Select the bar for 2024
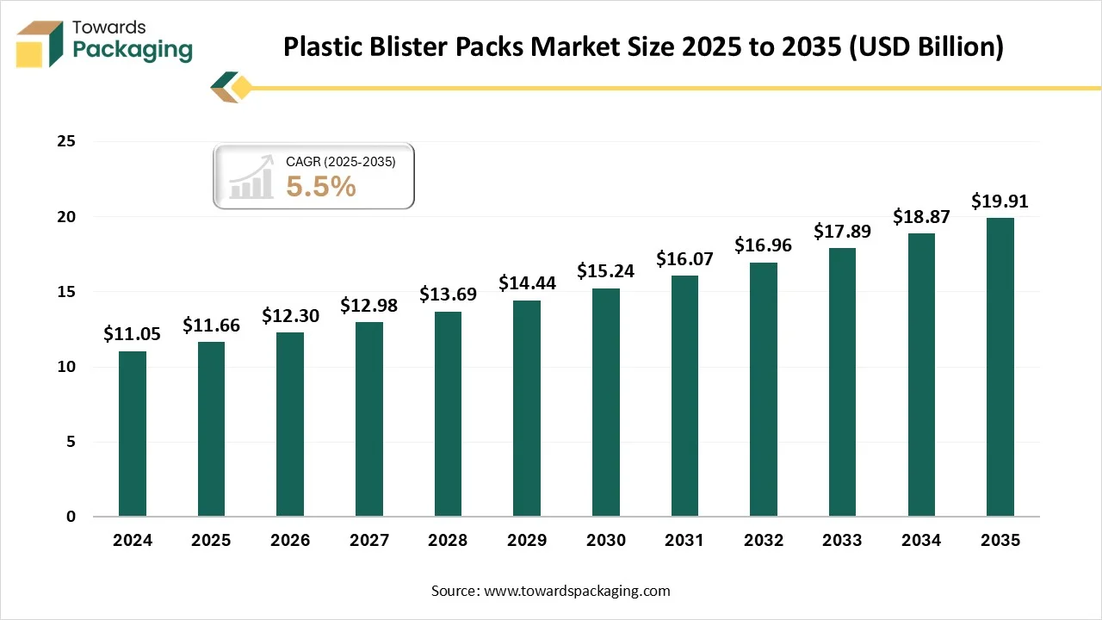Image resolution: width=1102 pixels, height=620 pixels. pyautogui.click(x=133, y=434)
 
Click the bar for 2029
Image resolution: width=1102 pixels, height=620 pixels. pyautogui.click(x=527, y=408)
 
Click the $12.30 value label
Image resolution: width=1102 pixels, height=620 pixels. pyautogui.click(x=290, y=316)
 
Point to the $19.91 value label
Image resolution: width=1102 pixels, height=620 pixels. pyautogui.click(x=1000, y=201)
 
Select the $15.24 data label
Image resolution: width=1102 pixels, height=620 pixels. pyautogui.click(x=605, y=271)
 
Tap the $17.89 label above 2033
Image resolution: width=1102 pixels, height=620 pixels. pyautogui.click(x=842, y=232)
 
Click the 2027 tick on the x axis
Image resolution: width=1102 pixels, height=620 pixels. pyautogui.click(x=368, y=541)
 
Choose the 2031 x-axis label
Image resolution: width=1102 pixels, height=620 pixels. pyautogui.click(x=684, y=541)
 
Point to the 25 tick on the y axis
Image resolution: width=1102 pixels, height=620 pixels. pyautogui.click(x=66, y=141)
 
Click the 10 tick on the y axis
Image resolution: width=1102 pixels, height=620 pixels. pyautogui.click(x=66, y=367)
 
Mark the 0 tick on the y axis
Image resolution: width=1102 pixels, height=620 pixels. pyautogui.click(x=71, y=517)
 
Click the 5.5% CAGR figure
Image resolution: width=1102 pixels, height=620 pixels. pyautogui.click(x=321, y=186)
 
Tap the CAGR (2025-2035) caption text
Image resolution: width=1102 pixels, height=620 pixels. pyautogui.click(x=340, y=161)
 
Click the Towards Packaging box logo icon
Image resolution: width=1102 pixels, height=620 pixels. pyautogui.click(x=40, y=43)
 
